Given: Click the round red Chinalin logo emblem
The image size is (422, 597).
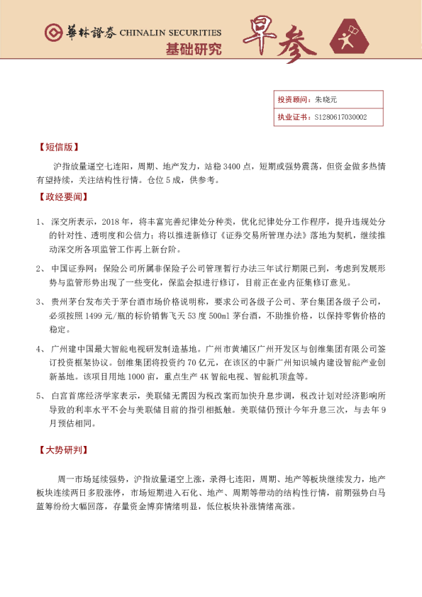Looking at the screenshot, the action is point(52,33).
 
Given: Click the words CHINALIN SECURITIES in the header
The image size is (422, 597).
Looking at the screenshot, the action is point(170,33).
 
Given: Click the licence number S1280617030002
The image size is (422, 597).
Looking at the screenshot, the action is point(340,117).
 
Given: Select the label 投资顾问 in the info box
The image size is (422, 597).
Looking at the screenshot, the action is point(291,100).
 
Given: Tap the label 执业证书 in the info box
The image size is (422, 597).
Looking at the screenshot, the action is point(291,117).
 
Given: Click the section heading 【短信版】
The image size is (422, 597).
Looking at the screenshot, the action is point(57,147).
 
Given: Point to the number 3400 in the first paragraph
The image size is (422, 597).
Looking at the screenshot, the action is point(231,166).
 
